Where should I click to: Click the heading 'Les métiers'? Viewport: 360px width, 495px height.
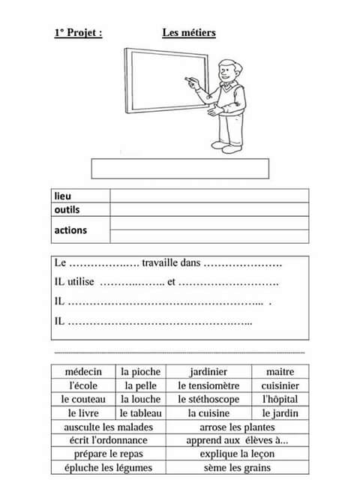[x=189, y=33]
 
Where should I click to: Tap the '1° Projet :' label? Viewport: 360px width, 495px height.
[x=78, y=33]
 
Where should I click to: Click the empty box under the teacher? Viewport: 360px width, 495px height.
[x=180, y=168]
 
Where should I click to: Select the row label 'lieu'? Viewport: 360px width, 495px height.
[x=63, y=196]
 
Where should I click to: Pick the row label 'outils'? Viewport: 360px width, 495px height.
[x=67, y=209]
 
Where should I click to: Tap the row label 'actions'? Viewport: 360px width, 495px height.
[x=70, y=230]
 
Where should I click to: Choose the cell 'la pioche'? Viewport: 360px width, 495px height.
[x=140, y=371]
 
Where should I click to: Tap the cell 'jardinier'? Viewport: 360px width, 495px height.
[x=208, y=371]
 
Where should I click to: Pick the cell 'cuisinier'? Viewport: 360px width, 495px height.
[x=280, y=385]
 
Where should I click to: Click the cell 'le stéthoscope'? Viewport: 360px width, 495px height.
[x=208, y=400]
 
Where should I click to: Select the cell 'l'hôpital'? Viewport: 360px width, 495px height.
[x=280, y=400]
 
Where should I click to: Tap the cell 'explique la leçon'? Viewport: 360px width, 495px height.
[x=237, y=454]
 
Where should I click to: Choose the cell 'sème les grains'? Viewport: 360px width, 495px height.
[x=237, y=468]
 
